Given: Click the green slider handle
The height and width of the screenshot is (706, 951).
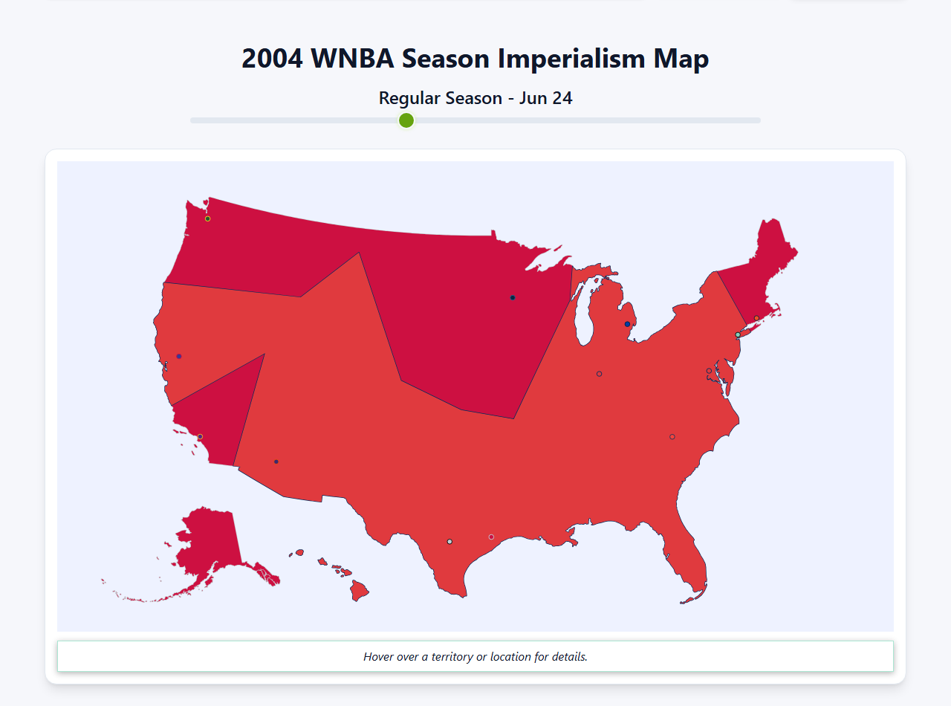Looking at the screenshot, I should [406, 120].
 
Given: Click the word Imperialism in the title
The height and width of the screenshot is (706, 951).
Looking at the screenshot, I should [571, 59].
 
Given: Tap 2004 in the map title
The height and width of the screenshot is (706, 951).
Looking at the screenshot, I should [272, 59].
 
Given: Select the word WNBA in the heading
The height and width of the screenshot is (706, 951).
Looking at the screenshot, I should [353, 59].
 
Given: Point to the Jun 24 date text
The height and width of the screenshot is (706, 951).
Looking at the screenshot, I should [545, 98].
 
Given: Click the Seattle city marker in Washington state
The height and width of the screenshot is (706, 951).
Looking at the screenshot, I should [207, 218].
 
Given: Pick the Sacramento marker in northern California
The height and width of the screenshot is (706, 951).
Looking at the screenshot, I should [179, 356].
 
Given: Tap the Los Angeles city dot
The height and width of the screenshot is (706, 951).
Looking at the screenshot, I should [200, 436].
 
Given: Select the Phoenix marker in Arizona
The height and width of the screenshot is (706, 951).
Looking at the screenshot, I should [276, 462].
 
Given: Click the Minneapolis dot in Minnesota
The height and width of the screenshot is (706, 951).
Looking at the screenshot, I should [513, 298].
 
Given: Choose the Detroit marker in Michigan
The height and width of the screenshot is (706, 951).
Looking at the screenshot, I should [628, 324].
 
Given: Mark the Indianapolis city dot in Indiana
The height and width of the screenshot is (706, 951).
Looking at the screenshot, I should [599, 374].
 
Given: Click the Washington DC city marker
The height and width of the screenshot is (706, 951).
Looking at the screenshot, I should [709, 371].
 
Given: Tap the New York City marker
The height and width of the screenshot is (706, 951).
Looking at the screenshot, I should [738, 335].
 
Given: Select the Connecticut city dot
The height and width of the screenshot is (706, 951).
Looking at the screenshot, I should [757, 318].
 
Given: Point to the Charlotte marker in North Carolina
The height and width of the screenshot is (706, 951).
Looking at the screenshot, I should [672, 437].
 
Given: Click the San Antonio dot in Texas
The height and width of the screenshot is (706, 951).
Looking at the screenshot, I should [449, 542].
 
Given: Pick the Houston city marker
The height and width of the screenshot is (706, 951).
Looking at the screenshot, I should [491, 537].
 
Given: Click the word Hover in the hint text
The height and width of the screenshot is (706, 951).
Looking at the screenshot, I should [379, 657].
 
